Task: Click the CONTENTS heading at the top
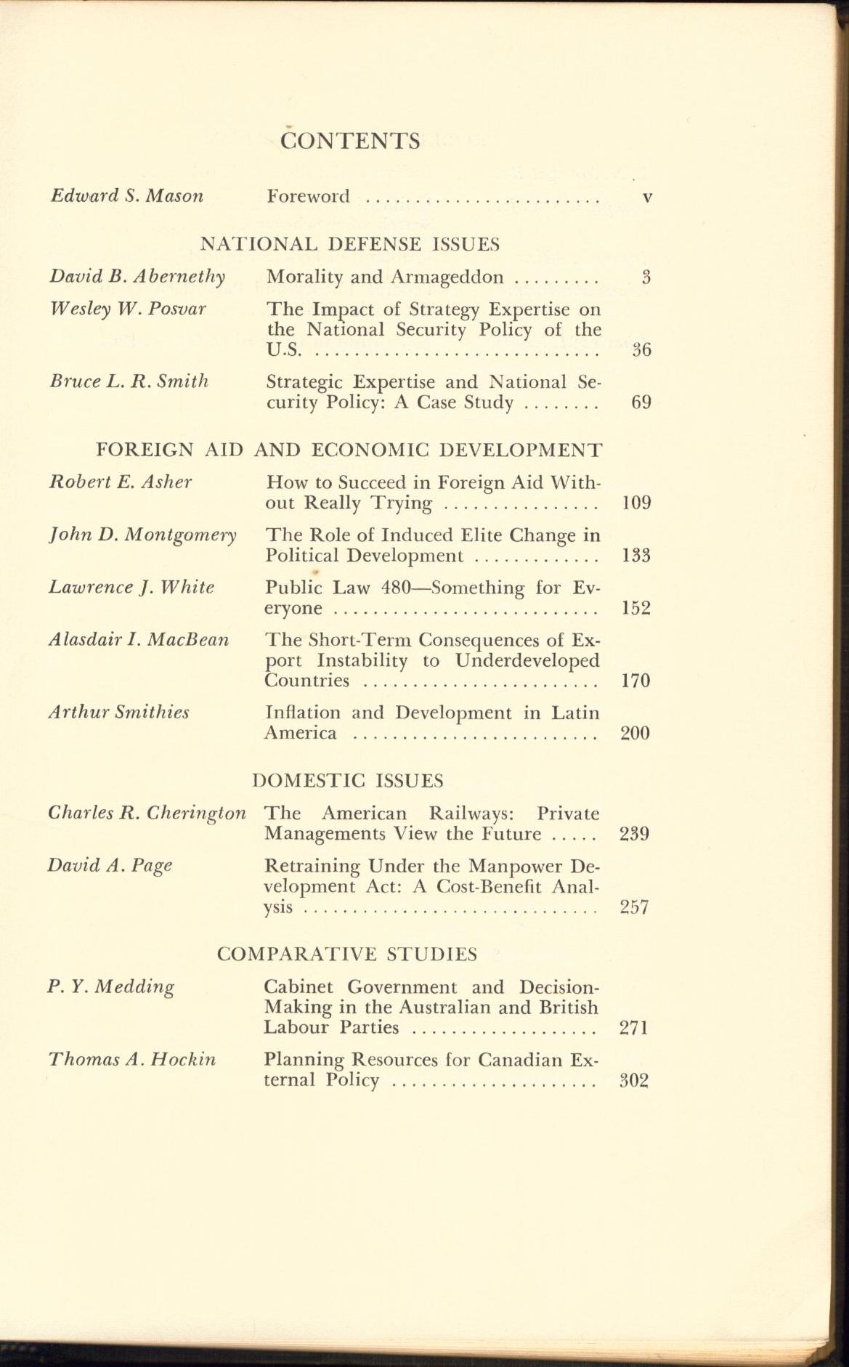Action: click(x=350, y=140)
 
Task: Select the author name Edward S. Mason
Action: click(x=126, y=195)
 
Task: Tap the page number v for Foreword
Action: click(x=647, y=197)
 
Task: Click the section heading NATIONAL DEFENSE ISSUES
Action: click(x=350, y=244)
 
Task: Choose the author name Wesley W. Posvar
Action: click(x=128, y=308)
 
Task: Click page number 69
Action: click(x=641, y=402)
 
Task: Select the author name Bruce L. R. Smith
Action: click(x=129, y=381)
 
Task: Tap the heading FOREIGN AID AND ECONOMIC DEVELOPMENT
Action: click(x=349, y=450)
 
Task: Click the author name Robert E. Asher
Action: click(x=121, y=482)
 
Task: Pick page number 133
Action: click(x=636, y=556)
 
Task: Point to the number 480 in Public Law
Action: click(x=397, y=588)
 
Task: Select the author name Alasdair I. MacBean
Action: click(x=139, y=639)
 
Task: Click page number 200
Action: click(x=635, y=733)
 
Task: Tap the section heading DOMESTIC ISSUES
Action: click(x=348, y=781)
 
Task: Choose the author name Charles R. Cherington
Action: click(x=147, y=813)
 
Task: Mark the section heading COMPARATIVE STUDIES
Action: click(x=347, y=954)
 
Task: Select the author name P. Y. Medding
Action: click(x=111, y=987)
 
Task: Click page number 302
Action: click(x=633, y=1080)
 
